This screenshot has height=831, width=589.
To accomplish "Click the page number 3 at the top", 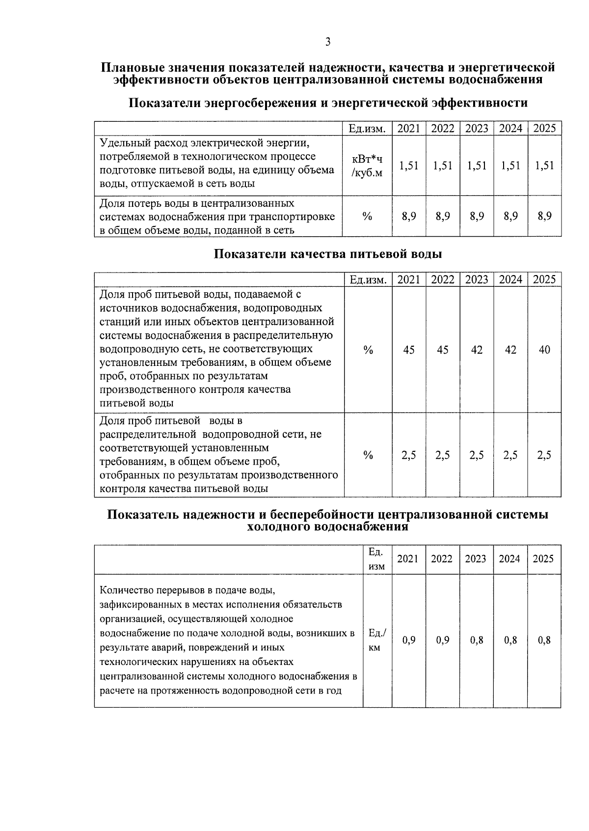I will pyautogui.click(x=328, y=42).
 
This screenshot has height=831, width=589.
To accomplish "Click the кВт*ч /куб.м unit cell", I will pyautogui.click(x=367, y=166).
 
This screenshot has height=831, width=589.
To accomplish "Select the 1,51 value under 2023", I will pyautogui.click(x=477, y=166).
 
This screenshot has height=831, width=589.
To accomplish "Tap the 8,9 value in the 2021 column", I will pyautogui.click(x=409, y=216).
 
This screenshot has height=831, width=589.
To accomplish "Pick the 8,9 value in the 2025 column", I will pyautogui.click(x=544, y=216).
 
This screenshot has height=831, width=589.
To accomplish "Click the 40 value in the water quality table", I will pyautogui.click(x=544, y=350).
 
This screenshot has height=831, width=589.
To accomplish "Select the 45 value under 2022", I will pyautogui.click(x=443, y=350).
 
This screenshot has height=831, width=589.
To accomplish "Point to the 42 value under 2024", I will pyautogui.click(x=510, y=350).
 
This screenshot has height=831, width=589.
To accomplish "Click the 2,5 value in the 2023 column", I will pyautogui.click(x=477, y=455).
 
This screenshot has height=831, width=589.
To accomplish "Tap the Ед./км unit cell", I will pyautogui.click(x=377, y=640).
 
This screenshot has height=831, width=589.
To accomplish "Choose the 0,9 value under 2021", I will pyautogui.click(x=409, y=640).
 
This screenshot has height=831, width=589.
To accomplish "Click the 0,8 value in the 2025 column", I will pyautogui.click(x=544, y=640).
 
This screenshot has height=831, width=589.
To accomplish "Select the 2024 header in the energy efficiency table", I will pyautogui.click(x=510, y=129).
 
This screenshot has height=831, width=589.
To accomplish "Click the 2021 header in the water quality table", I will pyautogui.click(x=409, y=280).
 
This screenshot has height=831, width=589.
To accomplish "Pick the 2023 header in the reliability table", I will pyautogui.click(x=476, y=559).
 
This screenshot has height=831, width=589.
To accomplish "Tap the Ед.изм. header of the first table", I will pyautogui.click(x=367, y=129).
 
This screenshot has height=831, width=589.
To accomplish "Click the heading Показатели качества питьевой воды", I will pyautogui.click(x=328, y=254).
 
